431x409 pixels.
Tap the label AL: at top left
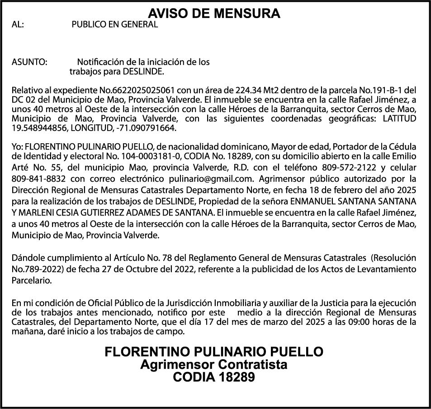(x=17, y=25)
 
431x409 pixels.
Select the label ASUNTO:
(x=29, y=61)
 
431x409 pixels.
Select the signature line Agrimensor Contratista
(x=214, y=364)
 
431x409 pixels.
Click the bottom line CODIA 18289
(x=214, y=376)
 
